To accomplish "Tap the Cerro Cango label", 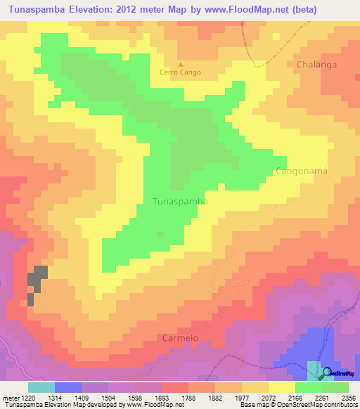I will point(180,72).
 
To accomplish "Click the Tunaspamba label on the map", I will point(180,201).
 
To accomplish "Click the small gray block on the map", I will point(37,278).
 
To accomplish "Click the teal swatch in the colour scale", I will point(41,387).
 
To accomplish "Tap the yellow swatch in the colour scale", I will point(281,387).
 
